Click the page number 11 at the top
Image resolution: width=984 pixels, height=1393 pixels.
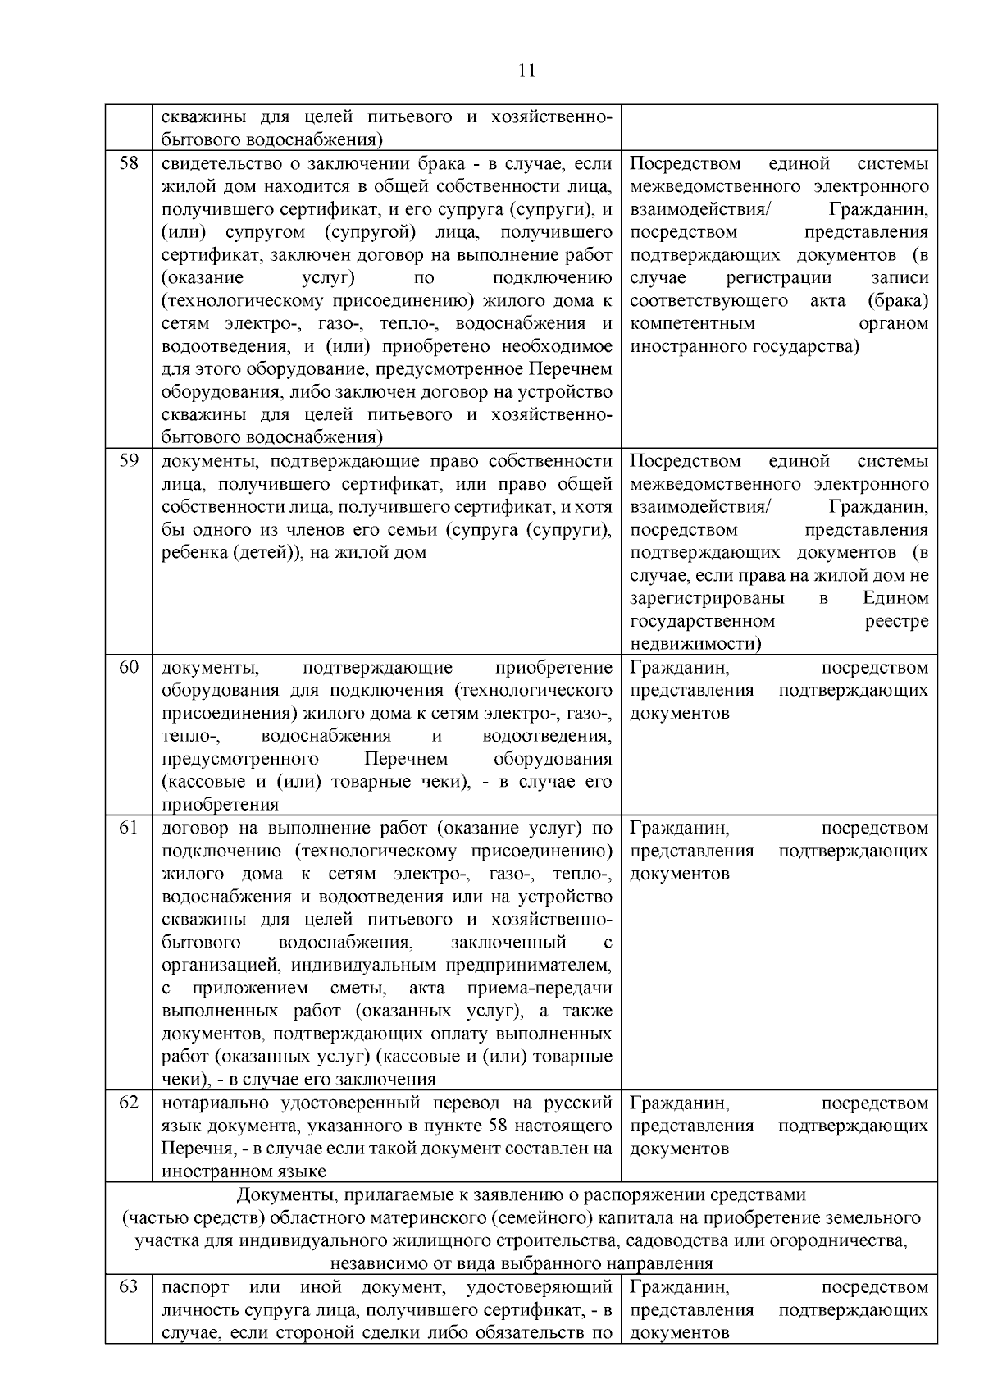[x=527, y=71]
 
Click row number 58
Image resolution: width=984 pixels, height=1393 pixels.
[x=129, y=162]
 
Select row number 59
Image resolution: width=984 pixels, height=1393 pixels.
[x=129, y=460]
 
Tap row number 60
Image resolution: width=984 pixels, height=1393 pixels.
[x=129, y=667]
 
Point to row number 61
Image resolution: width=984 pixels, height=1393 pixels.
[x=129, y=827]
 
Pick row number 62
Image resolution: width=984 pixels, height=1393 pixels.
[x=129, y=1102]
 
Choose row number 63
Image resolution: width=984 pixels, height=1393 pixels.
[x=129, y=1286]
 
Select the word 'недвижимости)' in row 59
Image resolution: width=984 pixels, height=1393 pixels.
[x=696, y=644]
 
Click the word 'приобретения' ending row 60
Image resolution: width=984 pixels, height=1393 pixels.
[x=220, y=805]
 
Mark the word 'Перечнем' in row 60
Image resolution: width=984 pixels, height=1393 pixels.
[x=406, y=759]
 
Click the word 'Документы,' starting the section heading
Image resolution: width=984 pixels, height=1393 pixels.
[x=282, y=1194]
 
